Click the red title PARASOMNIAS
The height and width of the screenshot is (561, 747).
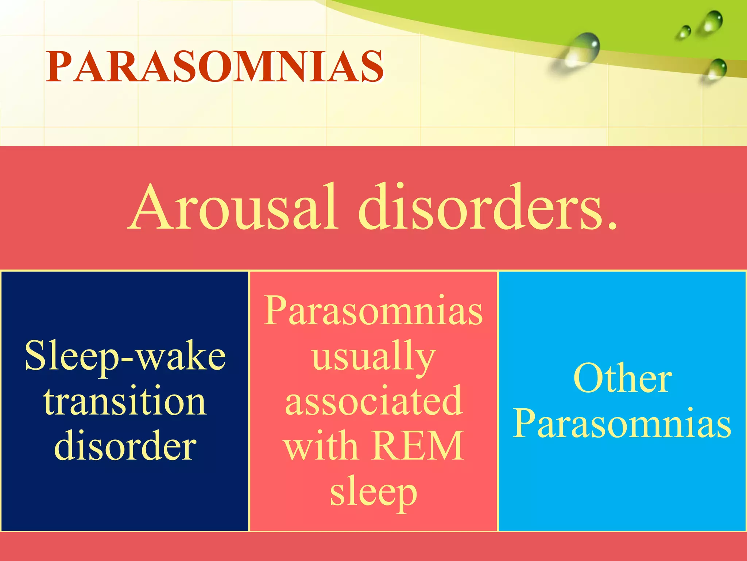click(x=214, y=66)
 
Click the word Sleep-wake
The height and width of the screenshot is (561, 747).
click(x=125, y=356)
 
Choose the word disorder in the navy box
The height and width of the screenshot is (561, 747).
click(x=125, y=446)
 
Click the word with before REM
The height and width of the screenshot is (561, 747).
click(x=321, y=446)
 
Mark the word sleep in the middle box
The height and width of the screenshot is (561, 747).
click(x=373, y=492)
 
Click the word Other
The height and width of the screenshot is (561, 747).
click(x=622, y=379)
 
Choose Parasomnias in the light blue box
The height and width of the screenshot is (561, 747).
click(x=622, y=424)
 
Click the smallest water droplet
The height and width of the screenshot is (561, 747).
click(x=684, y=32)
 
